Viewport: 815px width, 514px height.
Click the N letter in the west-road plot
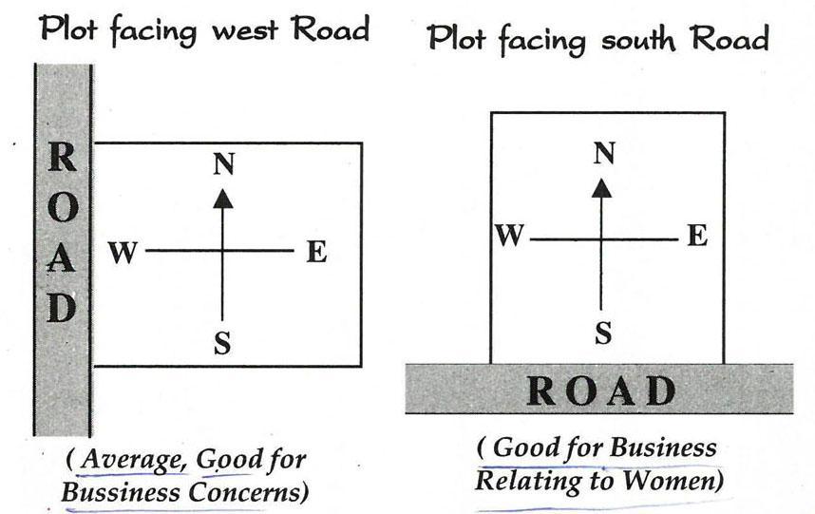point(222,164)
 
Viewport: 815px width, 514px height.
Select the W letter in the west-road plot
point(124,253)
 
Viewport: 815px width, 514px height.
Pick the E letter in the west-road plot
point(316,252)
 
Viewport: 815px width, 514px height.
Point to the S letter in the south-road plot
point(603,332)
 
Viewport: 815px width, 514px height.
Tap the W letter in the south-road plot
point(510,235)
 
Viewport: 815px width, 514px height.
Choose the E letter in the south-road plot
point(697,235)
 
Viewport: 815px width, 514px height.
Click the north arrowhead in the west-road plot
point(222,198)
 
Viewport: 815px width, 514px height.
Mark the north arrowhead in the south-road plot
point(600,187)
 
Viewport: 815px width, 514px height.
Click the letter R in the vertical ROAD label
point(62,158)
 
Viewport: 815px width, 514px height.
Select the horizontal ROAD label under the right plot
point(600,390)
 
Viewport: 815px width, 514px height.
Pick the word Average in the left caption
point(133,460)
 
